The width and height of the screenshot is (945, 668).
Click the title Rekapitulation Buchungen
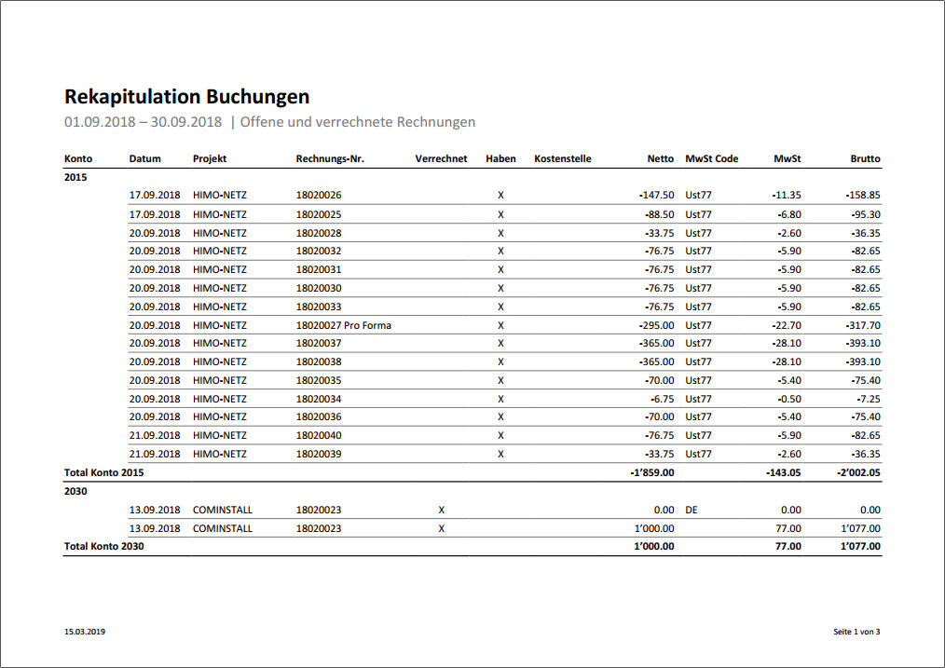tap(186, 97)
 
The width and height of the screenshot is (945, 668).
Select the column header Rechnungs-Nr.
tap(330, 159)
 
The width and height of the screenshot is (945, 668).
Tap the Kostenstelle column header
tap(562, 159)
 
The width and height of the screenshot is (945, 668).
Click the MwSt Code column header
tap(711, 159)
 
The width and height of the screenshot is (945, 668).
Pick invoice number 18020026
tap(319, 196)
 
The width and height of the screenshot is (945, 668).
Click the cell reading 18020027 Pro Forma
tap(343, 325)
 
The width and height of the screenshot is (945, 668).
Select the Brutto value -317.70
tap(861, 325)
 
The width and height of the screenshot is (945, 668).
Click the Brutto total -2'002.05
tap(858, 472)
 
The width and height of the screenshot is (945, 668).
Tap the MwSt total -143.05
tap(781, 472)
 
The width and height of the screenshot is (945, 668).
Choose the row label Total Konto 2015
tap(103, 472)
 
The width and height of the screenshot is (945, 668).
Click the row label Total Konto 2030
tap(103, 546)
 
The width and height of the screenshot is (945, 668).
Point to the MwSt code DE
tap(692, 510)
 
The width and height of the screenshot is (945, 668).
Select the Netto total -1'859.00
tap(651, 472)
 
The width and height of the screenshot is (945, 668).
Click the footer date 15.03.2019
tap(85, 632)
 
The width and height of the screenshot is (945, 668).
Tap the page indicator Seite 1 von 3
tap(856, 632)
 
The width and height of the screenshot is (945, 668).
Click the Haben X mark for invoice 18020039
tap(500, 454)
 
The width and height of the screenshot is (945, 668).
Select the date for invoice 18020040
tap(155, 435)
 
